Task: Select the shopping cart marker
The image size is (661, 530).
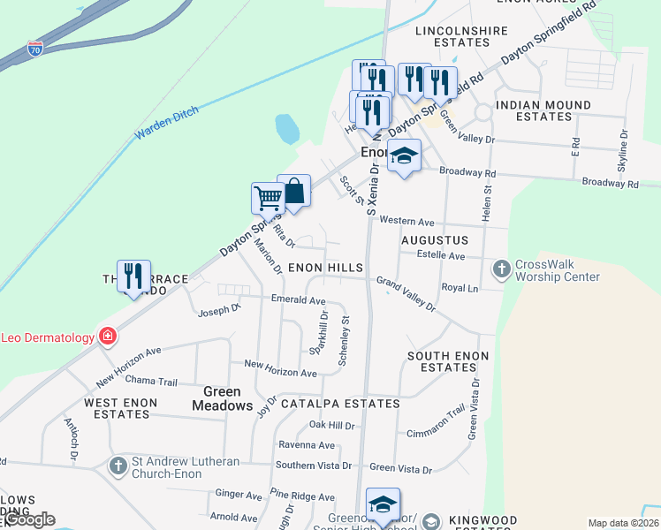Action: point(268,198)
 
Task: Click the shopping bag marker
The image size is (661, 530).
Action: point(293,189)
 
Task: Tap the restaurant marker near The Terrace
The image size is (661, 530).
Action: point(133,276)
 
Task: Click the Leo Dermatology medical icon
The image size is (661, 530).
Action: point(107,337)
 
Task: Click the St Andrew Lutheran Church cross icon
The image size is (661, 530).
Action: point(118,465)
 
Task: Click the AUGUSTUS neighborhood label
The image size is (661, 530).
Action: point(434,240)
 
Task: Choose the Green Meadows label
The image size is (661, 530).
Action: point(228,398)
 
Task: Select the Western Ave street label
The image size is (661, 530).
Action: point(407,221)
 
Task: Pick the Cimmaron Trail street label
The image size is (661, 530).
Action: point(435,422)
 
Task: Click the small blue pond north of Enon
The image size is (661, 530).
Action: point(287,129)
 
